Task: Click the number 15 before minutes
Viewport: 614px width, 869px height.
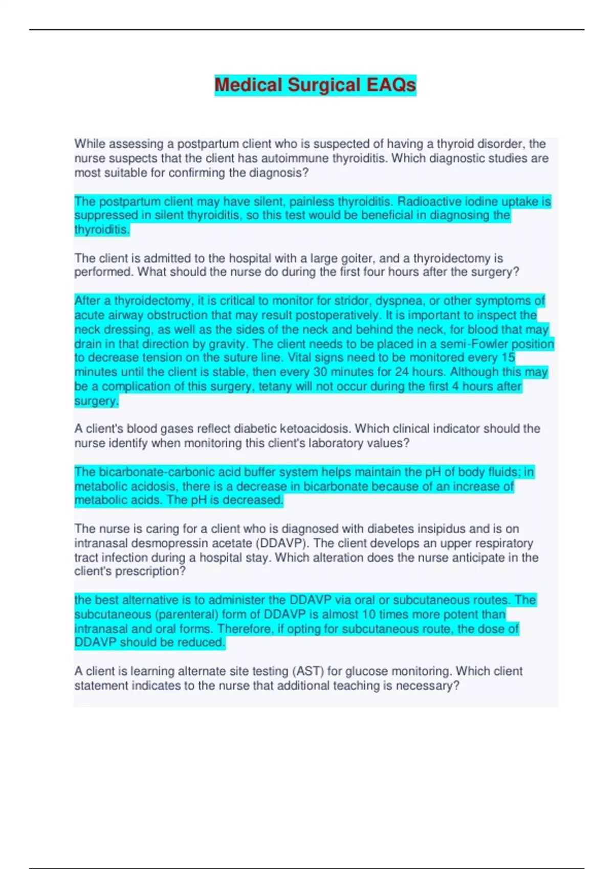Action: (508, 358)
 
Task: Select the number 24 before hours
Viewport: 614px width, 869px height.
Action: (402, 372)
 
